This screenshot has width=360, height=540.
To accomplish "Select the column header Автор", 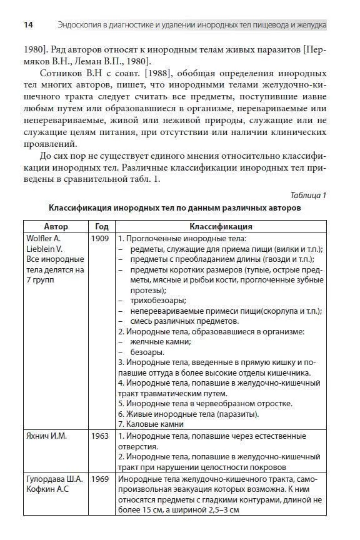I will pyautogui.click(x=56, y=226).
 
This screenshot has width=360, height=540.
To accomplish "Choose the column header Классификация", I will pyautogui.click(x=221, y=226).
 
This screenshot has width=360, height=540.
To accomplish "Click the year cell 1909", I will pyautogui.click(x=100, y=238).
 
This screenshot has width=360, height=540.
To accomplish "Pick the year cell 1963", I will pyautogui.click(x=100, y=436).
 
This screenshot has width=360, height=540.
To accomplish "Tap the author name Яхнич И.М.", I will pyautogui.click(x=47, y=436).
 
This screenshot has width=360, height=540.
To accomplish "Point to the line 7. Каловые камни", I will pyautogui.click(x=151, y=424).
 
